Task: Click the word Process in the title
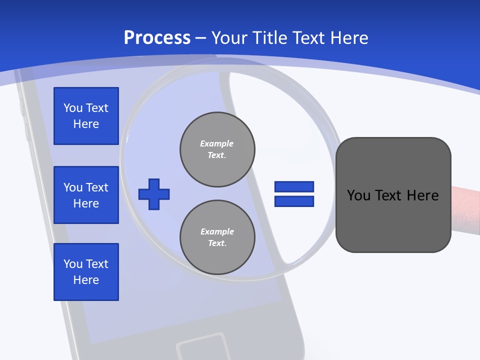coord(157,37)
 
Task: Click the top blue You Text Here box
coord(86,116)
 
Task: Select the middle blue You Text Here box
coord(86,195)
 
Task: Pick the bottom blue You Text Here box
coord(86,272)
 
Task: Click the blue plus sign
coord(154,194)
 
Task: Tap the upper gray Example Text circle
coord(217,149)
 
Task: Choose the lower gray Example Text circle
coord(217,237)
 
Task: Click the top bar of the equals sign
coord(294,186)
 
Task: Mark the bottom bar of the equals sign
coord(294,201)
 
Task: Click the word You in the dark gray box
coord(358,195)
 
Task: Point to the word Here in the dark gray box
coord(422,195)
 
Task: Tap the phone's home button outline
coord(202,347)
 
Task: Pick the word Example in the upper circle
coord(216,143)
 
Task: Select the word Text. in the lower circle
coord(217,243)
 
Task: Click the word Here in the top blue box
coord(86,124)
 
